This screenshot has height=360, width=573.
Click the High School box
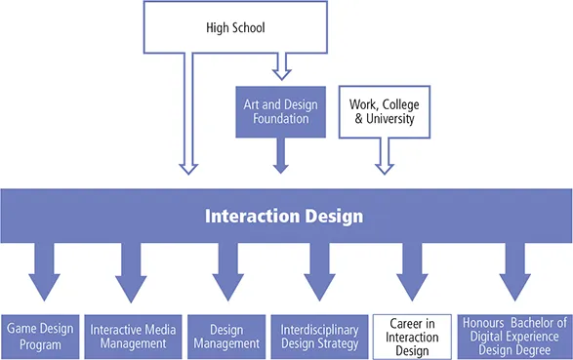point(235,26)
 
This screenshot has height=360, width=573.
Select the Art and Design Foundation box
point(280,109)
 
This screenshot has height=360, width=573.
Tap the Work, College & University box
point(382,109)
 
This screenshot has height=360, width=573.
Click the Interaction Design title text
point(284,216)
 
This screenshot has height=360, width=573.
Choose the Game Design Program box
point(40,336)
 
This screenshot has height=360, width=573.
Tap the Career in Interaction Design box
point(412,336)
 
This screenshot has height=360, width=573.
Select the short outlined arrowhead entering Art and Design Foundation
point(281,73)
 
